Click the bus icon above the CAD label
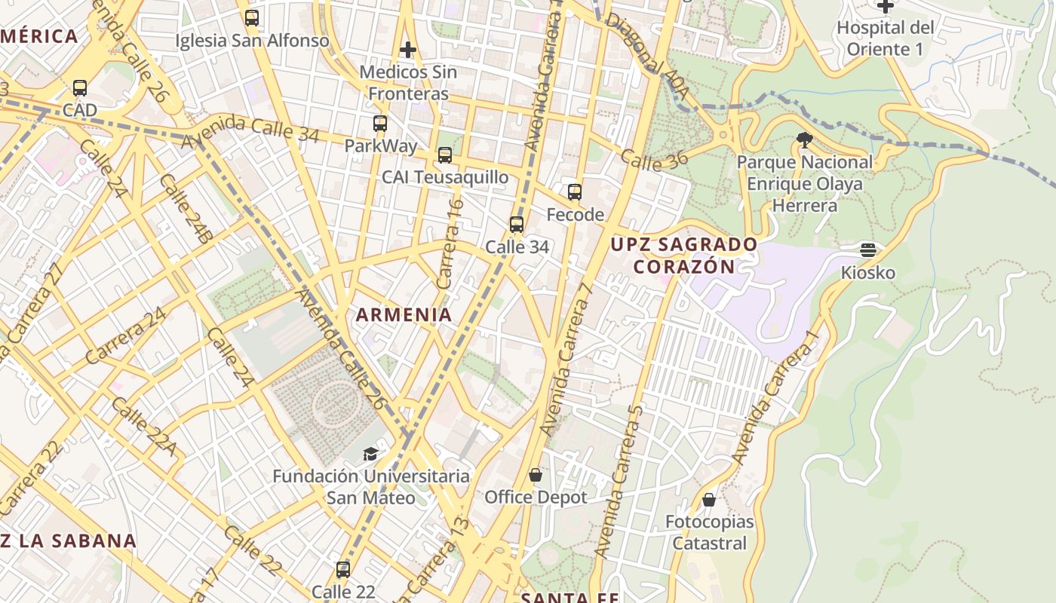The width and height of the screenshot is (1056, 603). (80, 88)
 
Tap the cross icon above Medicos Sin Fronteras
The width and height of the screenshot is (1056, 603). (408, 51)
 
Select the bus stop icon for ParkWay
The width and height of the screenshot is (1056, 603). (380, 124)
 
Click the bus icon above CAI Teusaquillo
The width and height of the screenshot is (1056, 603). (445, 155)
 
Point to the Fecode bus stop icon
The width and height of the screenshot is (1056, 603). (575, 192)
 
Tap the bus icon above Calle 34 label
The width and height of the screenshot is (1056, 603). (517, 225)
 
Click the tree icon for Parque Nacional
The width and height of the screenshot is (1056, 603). (805, 139)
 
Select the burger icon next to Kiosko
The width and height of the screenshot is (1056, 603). (868, 250)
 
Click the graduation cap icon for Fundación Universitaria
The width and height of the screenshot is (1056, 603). (370, 454)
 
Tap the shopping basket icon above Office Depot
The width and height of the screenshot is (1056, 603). (536, 475)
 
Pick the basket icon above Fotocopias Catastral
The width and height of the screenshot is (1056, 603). (709, 500)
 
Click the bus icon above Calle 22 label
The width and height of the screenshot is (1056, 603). (343, 569)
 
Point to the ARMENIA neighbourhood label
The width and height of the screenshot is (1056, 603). (404, 315)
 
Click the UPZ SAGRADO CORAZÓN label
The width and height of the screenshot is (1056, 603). (684, 256)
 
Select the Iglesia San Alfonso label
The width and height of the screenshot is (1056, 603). (252, 41)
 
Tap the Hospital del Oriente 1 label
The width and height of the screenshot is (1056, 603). (885, 38)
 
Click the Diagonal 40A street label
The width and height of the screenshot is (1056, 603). (648, 57)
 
